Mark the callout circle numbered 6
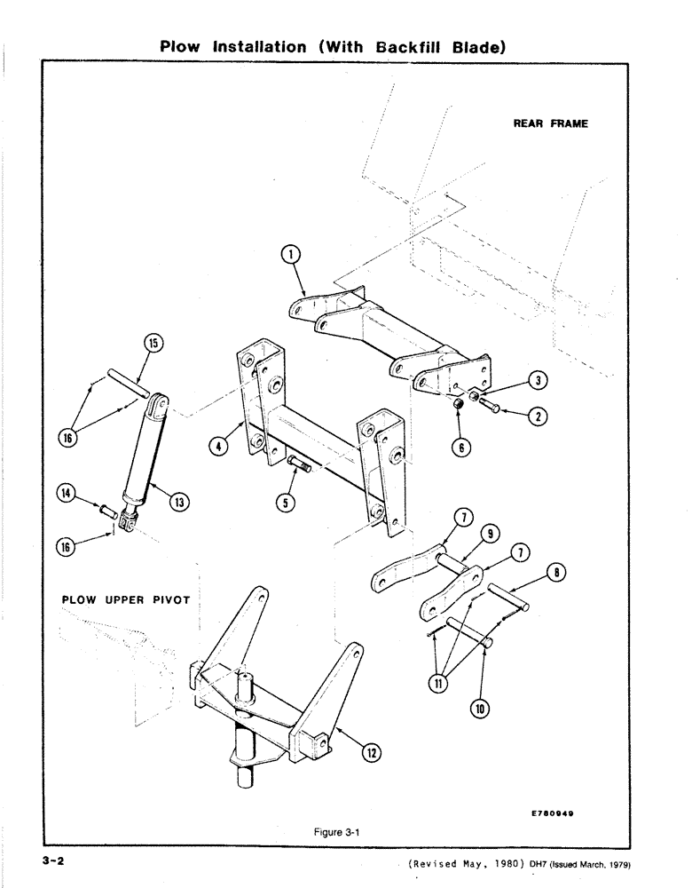[x=459, y=448]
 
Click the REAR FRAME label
[x=550, y=123]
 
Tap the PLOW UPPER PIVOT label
[x=126, y=599]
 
